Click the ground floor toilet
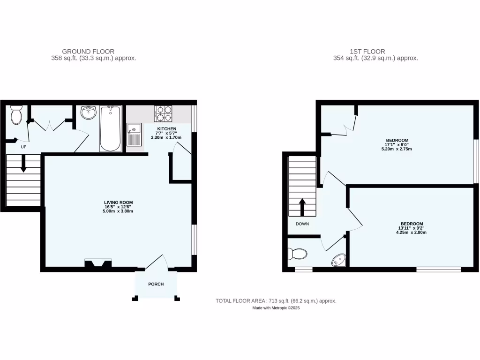click(17, 115)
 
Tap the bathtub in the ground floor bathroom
click(110, 128)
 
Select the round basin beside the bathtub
click(88, 112)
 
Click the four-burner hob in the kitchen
click(163, 114)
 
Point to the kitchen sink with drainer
click(134, 135)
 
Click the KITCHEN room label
click(166, 129)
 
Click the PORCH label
click(156, 284)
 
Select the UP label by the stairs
click(23, 147)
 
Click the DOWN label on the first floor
click(302, 224)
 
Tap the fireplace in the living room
click(98, 263)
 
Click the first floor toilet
click(297, 254)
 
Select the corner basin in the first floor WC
click(339, 260)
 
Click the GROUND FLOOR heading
click(88, 52)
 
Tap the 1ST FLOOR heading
click(367, 52)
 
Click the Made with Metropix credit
click(276, 308)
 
